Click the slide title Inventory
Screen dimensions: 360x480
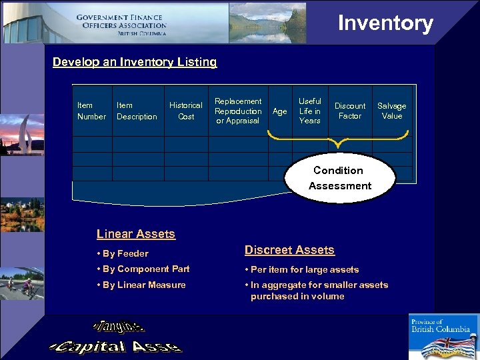coord(385,23)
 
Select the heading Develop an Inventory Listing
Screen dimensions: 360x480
coord(135,62)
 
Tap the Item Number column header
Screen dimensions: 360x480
coord(91,111)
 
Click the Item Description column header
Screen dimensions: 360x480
coord(137,111)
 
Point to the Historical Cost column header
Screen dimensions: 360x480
coord(185,111)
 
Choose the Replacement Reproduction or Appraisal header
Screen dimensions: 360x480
coord(238,111)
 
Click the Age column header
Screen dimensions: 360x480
coord(280,111)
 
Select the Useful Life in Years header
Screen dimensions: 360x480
coord(309,111)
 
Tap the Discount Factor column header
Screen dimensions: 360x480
coord(350,111)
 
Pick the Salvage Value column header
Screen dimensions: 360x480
coord(392,111)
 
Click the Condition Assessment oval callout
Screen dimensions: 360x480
coord(339,178)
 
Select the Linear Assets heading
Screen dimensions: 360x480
coord(135,234)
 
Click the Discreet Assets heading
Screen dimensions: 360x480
coord(289,250)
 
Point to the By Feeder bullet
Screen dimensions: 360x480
coord(123,253)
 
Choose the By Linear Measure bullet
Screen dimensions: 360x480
coord(141,285)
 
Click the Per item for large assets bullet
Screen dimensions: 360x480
coord(302,269)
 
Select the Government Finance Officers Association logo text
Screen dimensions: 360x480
coord(121,25)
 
